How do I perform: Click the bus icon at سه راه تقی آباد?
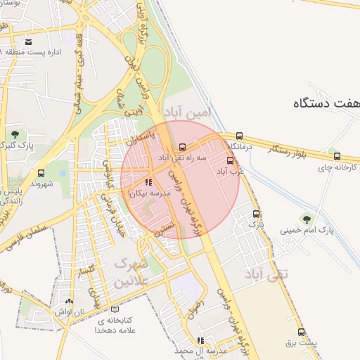click(183, 148)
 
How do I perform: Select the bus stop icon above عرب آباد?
click(230, 161)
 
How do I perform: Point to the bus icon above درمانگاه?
click(240, 136)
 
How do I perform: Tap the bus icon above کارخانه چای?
click(337, 157)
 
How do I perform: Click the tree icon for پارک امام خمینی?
click(304, 218)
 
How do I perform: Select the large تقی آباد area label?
click(266, 273)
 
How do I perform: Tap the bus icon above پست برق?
click(302, 332)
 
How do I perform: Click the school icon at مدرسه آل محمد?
click(200, 340)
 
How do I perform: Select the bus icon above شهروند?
click(41, 173)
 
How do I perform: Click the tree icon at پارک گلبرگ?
click(15, 134)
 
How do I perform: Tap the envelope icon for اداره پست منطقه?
click(28, 41)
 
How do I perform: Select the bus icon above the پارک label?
click(256, 214)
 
